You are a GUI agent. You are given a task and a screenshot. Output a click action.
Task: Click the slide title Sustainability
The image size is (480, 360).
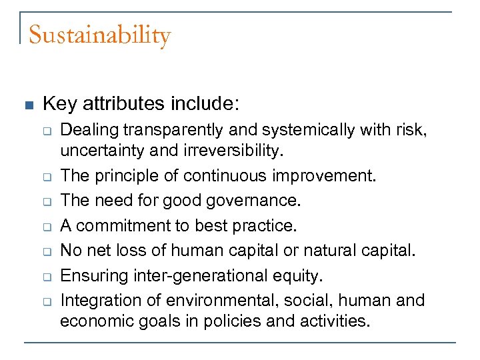click(x=100, y=35)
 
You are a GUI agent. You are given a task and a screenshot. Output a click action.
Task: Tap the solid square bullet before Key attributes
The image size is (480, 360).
click(x=28, y=105)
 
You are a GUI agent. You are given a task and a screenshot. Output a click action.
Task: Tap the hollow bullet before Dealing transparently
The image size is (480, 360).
click(x=48, y=131)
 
